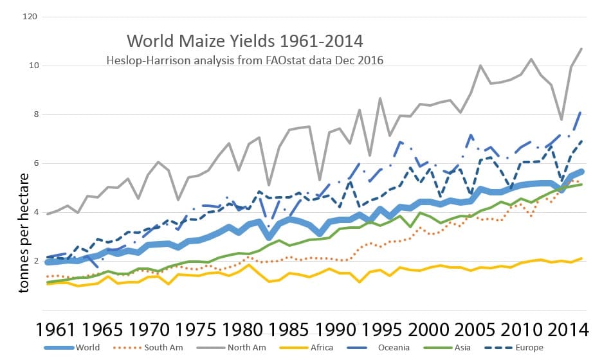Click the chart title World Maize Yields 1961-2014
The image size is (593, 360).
[x=245, y=41]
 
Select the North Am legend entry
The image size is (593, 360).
[x=269, y=348]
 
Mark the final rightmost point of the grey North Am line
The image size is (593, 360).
[x=582, y=49]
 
